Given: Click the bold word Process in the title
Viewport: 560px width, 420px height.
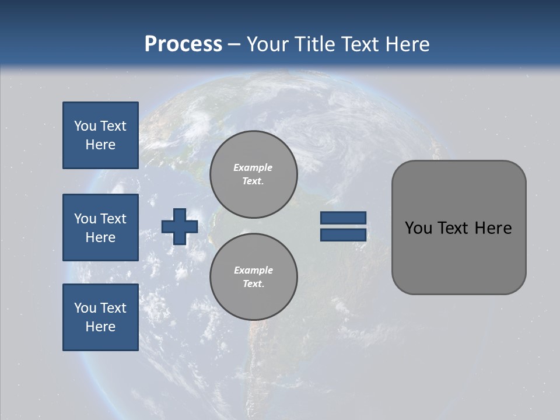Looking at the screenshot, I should click(x=183, y=44).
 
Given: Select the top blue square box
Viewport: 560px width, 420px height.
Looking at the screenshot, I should click(x=100, y=135).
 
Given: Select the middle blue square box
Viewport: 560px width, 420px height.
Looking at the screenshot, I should click(x=100, y=228).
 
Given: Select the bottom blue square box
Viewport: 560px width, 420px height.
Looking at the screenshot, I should click(x=100, y=317).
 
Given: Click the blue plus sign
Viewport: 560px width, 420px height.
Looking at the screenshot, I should click(x=180, y=226).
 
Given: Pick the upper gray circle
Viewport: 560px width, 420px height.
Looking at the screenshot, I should click(x=253, y=174).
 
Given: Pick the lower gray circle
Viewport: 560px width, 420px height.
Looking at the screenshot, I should click(x=253, y=276).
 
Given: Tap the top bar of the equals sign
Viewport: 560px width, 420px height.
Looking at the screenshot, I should click(x=343, y=218).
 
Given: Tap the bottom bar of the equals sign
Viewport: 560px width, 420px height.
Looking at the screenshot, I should click(x=343, y=235).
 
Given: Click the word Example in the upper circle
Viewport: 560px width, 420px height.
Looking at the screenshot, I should click(x=253, y=167).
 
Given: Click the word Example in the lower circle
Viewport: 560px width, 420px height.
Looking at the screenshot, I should click(x=253, y=270).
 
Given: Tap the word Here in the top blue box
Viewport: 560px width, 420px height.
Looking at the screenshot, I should click(x=100, y=145).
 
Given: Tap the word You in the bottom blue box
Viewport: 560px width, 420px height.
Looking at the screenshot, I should click(x=85, y=308).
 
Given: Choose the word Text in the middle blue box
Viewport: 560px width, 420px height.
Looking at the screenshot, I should click(x=113, y=219).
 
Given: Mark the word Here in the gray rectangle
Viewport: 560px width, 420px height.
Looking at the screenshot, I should click(x=493, y=228).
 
